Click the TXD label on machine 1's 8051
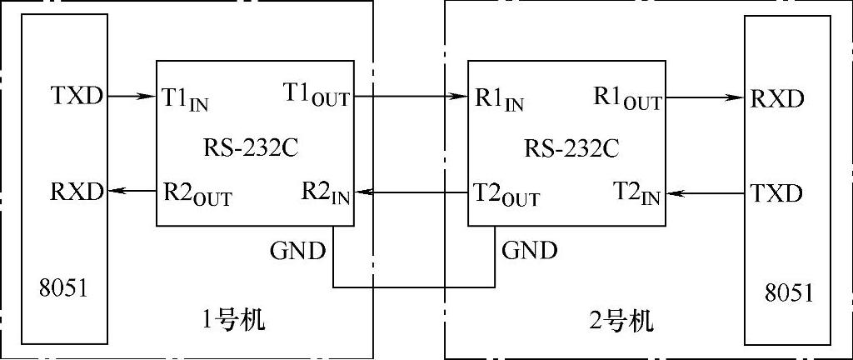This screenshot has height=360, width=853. point(77,96)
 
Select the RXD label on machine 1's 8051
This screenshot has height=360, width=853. point(77,192)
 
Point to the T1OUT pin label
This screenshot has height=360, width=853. point(317,97)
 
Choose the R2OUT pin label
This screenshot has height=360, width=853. point(197,194)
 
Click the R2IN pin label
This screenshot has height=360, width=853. point(326,194)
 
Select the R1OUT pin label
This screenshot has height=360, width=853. point(627,97)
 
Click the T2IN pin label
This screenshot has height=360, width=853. point(636,194)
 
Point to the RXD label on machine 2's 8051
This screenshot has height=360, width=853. point(776,99)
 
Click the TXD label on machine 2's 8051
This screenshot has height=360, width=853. point(776,194)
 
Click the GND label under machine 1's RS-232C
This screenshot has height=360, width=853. point(297,249)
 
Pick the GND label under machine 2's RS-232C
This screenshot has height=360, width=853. point(530,249)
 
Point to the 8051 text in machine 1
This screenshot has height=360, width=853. point(63,289)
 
